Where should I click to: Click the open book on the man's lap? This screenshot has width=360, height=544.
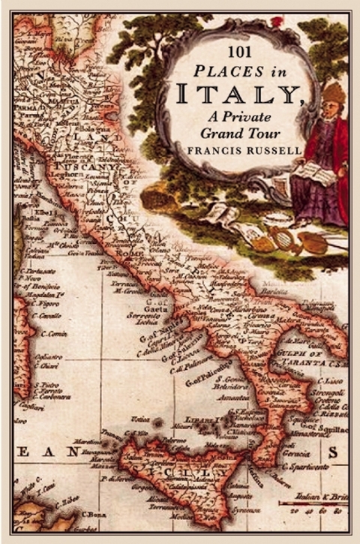coord(308,170)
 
